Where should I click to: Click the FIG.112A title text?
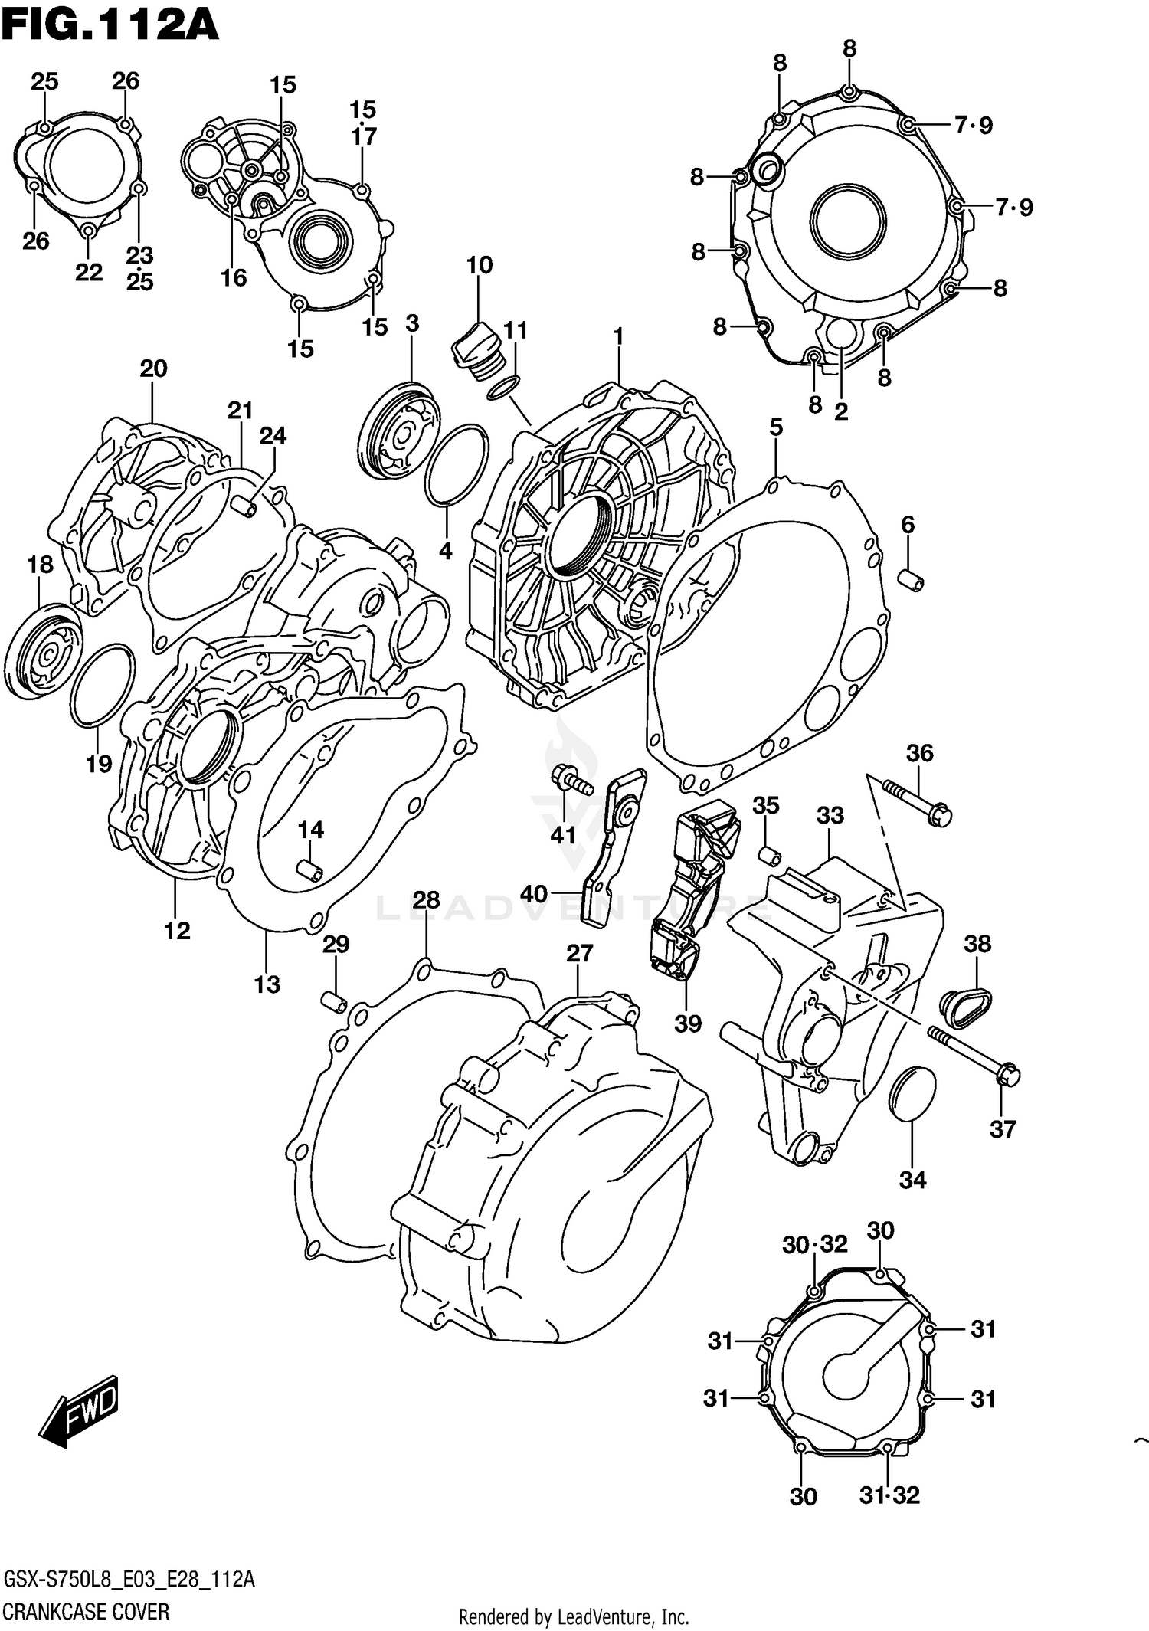pyautogui.click(x=110, y=25)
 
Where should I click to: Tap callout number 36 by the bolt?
pyautogui.click(x=919, y=753)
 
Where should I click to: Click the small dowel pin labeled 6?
pyautogui.click(x=912, y=580)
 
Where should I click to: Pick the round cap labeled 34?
pyautogui.click(x=912, y=1092)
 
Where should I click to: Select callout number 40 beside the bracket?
pyautogui.click(x=534, y=893)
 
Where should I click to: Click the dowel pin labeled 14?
pyautogui.click(x=310, y=870)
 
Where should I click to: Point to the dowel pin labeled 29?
pyautogui.click(x=334, y=1001)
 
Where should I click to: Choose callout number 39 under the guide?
pyautogui.click(x=687, y=1023)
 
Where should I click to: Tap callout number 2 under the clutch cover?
pyautogui.click(x=840, y=412)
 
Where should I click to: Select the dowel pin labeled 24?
pyautogui.click(x=243, y=506)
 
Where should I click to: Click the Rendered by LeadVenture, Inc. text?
pyautogui.click(x=574, y=1617)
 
